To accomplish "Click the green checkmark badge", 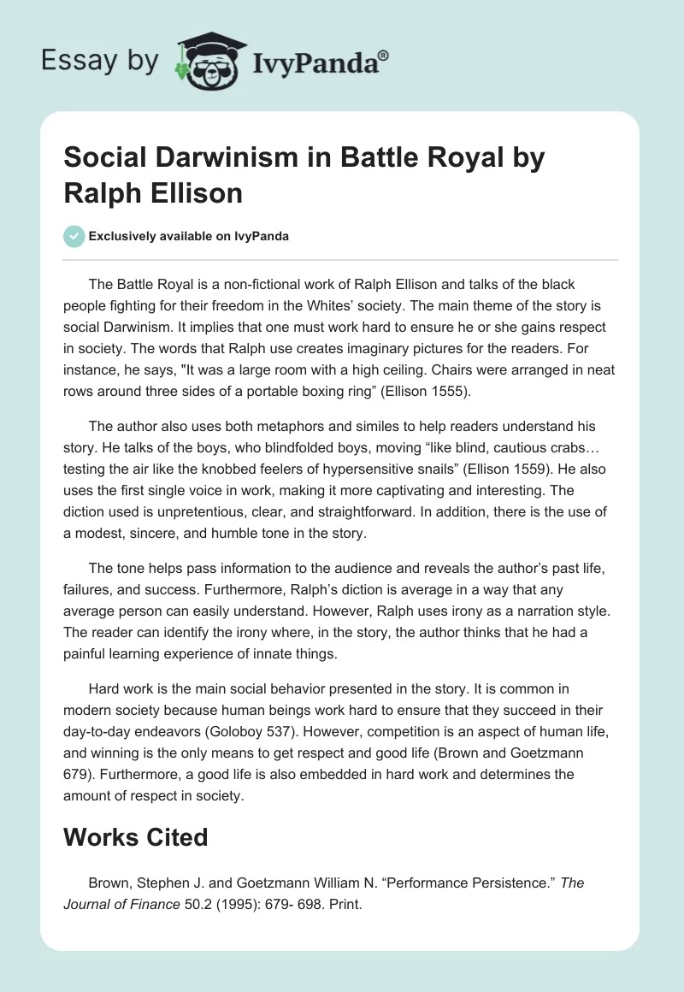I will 74,236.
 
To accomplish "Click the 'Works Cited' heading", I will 136,836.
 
